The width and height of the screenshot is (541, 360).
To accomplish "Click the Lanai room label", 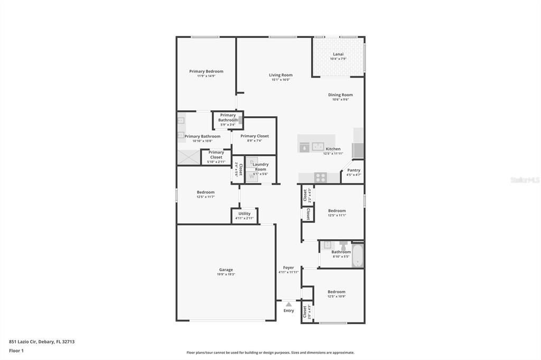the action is [x=338, y=54].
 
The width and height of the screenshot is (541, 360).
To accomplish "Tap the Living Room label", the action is [x=281, y=75].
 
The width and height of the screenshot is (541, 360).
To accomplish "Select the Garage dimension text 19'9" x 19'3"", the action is [x=226, y=274].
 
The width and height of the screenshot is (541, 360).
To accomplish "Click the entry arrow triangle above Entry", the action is [x=288, y=304].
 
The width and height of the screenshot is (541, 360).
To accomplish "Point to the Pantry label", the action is [x=353, y=170].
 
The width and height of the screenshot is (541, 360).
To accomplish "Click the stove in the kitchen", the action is [x=320, y=177].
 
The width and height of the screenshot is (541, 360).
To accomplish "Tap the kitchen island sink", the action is [x=318, y=147].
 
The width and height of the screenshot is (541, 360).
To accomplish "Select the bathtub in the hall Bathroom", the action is [x=358, y=255].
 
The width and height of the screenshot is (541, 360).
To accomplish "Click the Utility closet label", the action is [x=245, y=214].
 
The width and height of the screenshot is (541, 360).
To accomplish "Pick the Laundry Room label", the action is [x=260, y=167].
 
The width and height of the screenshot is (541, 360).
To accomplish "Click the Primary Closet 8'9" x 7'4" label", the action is [x=255, y=136].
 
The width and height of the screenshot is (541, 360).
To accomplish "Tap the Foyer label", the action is [x=288, y=268].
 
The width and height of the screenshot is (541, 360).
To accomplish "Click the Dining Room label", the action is [x=340, y=95].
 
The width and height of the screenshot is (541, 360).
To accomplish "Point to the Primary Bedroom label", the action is [x=206, y=71].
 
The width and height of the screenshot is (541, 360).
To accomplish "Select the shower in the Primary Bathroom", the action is [x=189, y=157].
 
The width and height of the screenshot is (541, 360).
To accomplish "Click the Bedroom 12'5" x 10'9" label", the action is [x=336, y=292].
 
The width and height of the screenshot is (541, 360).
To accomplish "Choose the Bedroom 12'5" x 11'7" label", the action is [x=206, y=192].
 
